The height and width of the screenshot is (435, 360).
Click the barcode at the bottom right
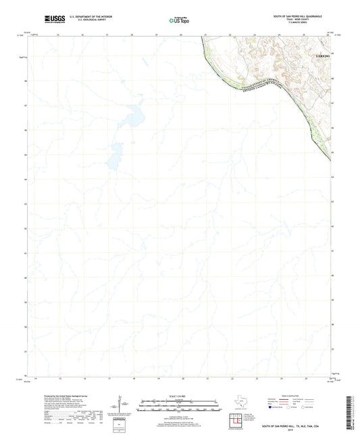point(352,411)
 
